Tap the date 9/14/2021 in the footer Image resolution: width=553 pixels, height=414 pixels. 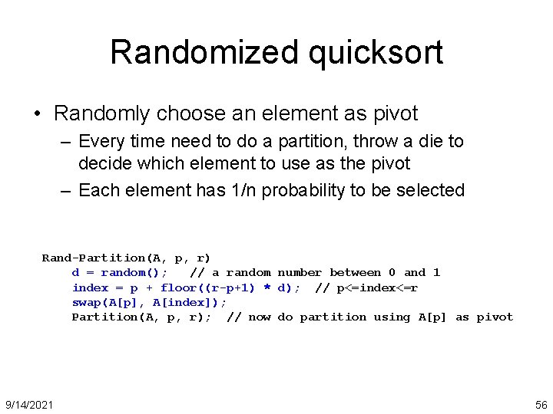pos(29,404)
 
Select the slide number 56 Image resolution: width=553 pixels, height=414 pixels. pos(540,404)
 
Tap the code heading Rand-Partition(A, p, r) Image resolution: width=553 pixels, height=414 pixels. pos(126,258)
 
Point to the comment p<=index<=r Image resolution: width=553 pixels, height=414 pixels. pos(377,287)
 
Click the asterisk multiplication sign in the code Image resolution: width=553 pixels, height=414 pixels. pos(267,288)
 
